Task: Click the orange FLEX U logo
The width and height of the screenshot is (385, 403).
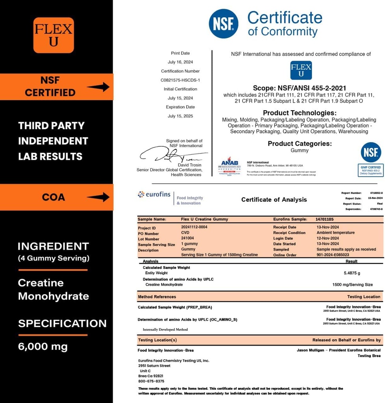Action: (x=54, y=35)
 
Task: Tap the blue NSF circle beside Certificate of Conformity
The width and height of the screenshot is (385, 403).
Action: (x=223, y=24)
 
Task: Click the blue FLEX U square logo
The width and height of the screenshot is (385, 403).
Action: (x=301, y=70)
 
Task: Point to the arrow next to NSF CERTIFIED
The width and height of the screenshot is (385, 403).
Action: (x=98, y=87)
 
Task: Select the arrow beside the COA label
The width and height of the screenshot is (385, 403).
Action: (x=98, y=197)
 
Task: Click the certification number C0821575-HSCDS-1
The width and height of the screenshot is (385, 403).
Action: (x=180, y=80)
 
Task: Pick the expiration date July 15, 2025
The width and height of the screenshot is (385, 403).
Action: (x=180, y=116)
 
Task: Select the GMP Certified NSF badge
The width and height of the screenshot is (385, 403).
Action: (x=371, y=159)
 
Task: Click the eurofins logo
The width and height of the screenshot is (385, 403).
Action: (x=155, y=194)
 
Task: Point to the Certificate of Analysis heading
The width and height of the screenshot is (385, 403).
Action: (x=274, y=200)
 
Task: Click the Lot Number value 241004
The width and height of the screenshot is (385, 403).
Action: (x=187, y=238)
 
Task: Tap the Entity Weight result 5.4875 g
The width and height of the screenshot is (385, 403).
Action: (x=352, y=273)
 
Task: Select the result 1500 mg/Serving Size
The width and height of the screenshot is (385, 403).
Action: (x=352, y=285)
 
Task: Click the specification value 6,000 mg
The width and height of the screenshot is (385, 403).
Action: (x=43, y=347)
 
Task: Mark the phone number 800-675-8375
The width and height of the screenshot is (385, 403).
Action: (x=151, y=381)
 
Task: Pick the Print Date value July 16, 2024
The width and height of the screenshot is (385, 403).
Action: (x=180, y=62)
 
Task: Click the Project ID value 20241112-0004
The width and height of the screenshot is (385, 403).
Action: (x=194, y=227)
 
